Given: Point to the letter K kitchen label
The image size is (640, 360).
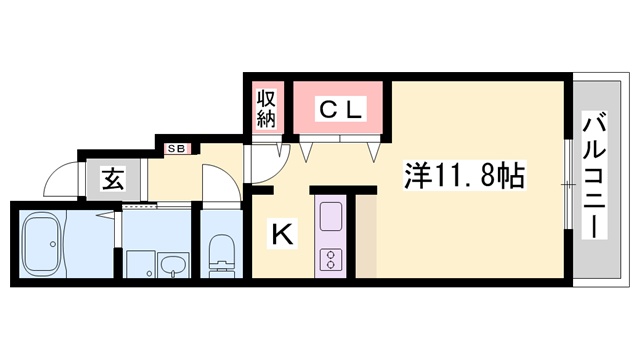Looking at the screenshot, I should (x=283, y=236).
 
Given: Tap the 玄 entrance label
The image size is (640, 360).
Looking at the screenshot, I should (x=111, y=181).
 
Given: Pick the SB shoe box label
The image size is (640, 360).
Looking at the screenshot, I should (x=176, y=149).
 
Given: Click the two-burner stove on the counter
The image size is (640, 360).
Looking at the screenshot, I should (x=330, y=256).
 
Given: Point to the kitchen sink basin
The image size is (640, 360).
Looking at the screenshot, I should (x=330, y=214).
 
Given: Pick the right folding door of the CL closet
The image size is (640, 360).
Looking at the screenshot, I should (x=375, y=150).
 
